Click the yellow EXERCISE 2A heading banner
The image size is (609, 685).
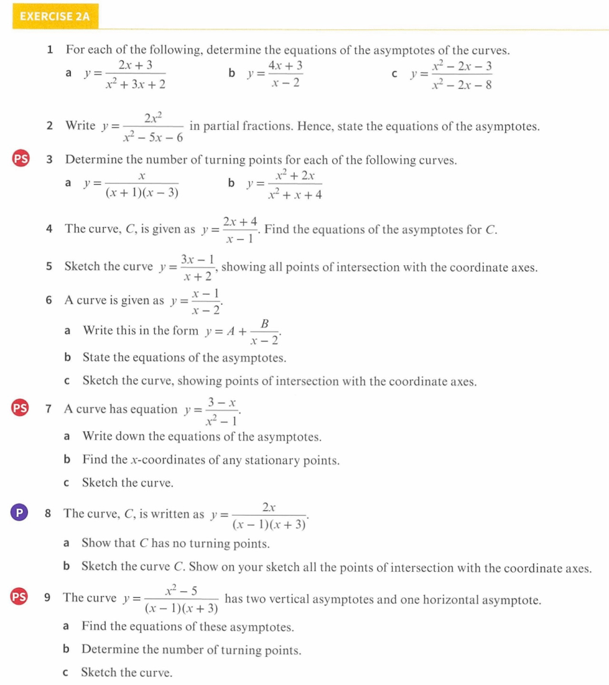coord(55,17)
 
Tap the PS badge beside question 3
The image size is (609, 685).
coord(21,159)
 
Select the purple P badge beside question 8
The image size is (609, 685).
coord(20,513)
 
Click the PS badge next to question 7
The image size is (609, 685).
coord(21,408)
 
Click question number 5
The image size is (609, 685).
coord(50,266)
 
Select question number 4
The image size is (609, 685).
coord(50,228)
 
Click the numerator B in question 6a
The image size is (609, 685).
coord(265,323)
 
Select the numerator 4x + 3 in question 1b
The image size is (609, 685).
coord(285,66)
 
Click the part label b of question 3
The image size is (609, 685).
coord(231,182)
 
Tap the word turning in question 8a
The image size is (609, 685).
coord(214,543)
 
